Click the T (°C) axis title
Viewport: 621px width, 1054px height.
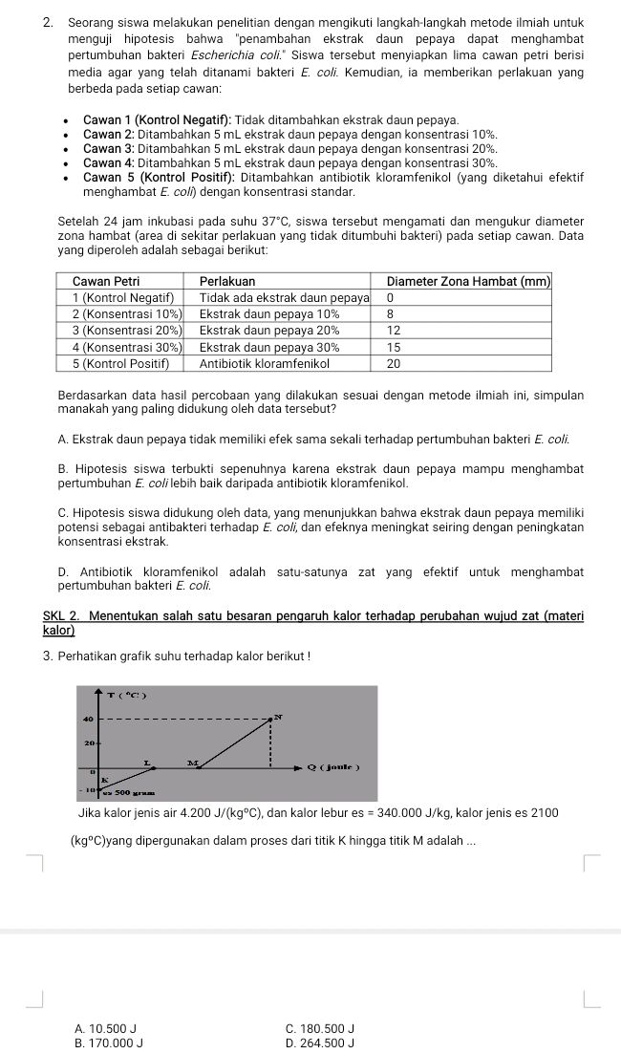126,696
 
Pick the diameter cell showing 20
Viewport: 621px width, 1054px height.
393,363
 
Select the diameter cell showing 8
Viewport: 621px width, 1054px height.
390,312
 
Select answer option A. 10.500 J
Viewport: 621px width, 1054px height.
104,1028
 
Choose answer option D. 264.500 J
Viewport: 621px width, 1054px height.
319,1043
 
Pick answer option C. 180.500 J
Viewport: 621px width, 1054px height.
319,1028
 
